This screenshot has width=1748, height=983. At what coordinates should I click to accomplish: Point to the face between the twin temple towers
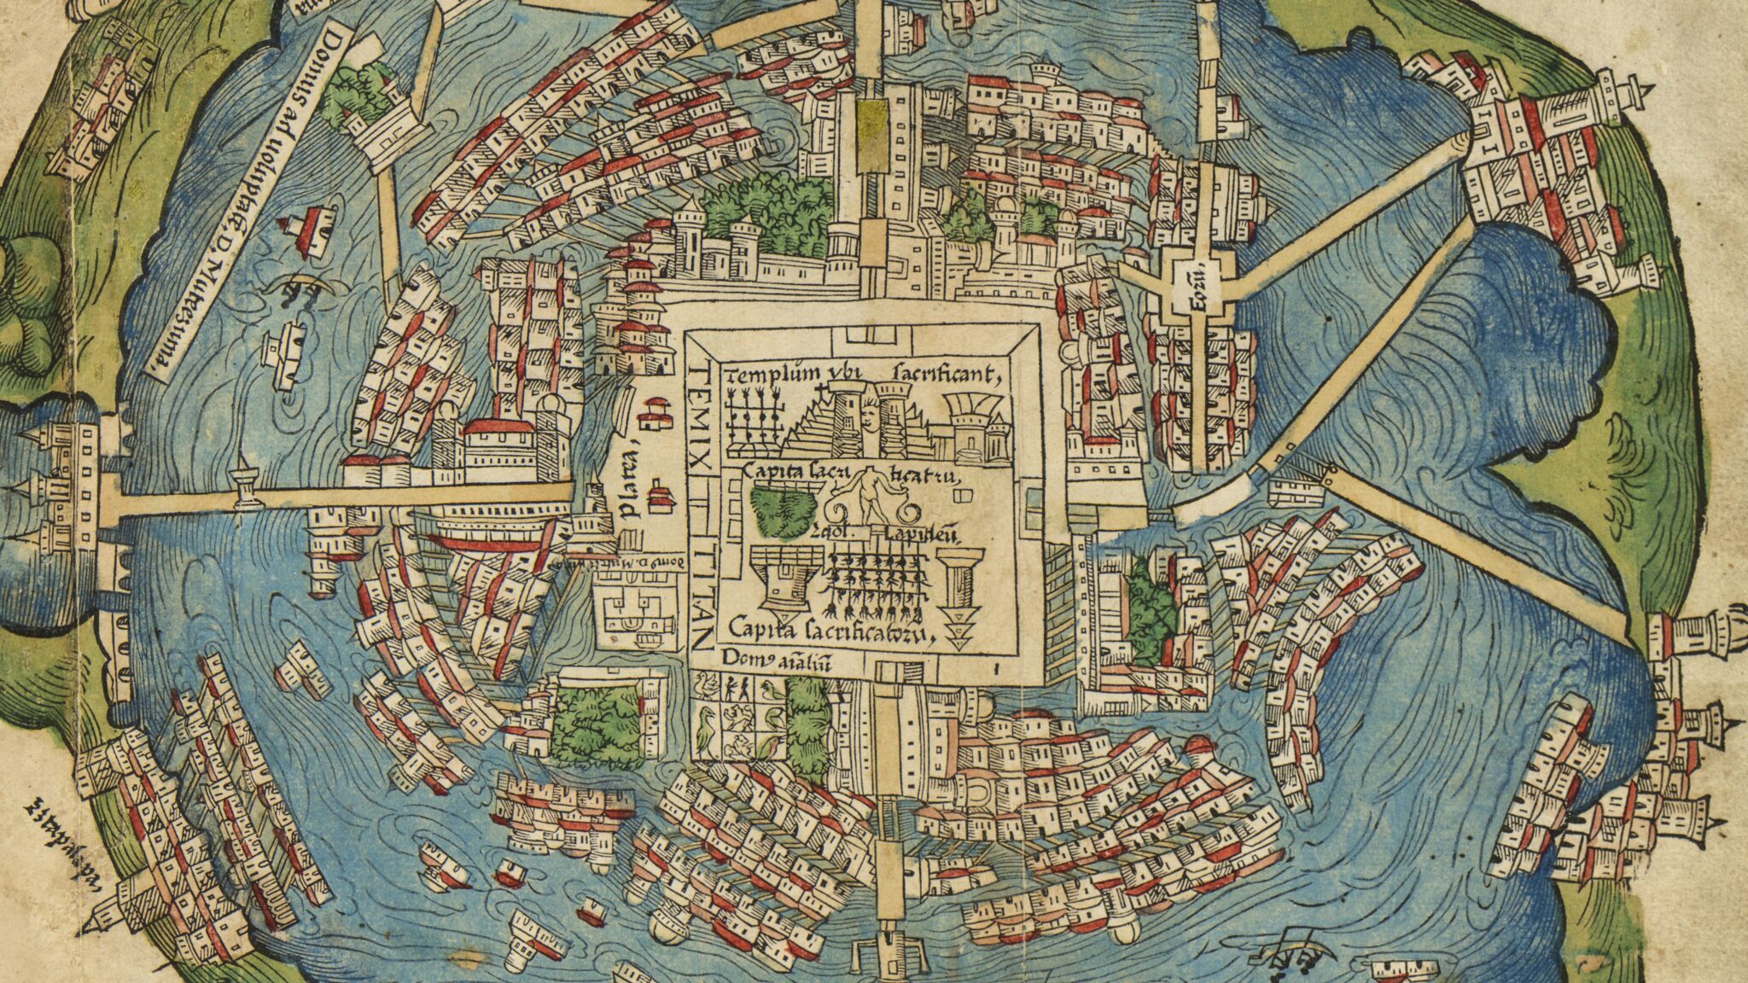tap(865, 420)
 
